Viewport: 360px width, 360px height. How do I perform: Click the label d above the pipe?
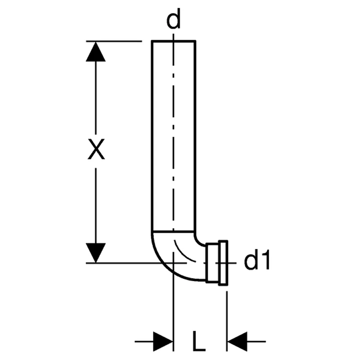pos(173,20)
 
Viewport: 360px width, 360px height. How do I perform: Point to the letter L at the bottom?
pos(199,341)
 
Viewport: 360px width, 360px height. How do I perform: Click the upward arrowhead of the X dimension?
pos(95,51)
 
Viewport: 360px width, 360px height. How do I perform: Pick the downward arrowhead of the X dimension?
pos(95,252)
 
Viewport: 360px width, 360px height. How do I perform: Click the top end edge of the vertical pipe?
pos(173,41)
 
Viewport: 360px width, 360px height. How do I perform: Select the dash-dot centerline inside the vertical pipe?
pos(173,135)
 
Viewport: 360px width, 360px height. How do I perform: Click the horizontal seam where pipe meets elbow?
pos(173,231)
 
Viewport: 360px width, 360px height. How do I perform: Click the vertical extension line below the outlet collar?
pos(226,315)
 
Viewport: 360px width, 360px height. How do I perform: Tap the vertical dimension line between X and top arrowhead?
pos(95,99)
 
